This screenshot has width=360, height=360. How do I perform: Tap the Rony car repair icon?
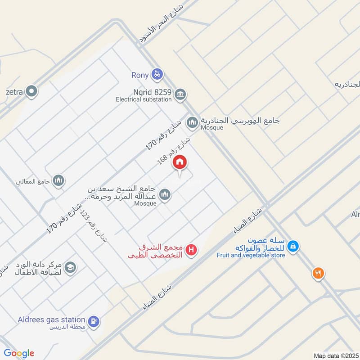[157, 74]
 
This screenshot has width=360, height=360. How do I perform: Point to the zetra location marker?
[31, 92]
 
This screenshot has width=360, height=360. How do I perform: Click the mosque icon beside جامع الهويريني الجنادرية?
[193, 122]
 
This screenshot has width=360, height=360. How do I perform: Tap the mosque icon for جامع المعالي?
[58, 181]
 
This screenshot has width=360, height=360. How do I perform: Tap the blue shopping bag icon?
[293, 246]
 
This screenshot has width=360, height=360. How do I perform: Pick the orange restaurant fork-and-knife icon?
[318, 273]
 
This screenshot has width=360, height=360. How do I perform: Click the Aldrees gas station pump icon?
[94, 321]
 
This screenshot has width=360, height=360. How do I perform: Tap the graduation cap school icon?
[70, 268]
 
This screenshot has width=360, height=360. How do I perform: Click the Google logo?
[19, 353]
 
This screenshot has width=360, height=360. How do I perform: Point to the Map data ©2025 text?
[336, 355]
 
